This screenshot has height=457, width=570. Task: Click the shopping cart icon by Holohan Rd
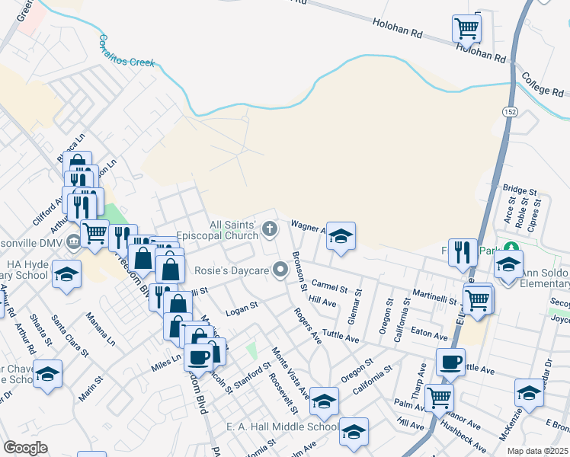click(466, 29)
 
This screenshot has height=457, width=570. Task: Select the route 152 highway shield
click(508, 111)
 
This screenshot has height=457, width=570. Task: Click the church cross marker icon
click(270, 228)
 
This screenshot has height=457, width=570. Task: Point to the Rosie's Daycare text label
click(237, 270)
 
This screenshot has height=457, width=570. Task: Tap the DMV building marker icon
click(72, 243)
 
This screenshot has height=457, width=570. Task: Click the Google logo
click(25, 448)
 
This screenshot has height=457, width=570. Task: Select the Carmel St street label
click(329, 286)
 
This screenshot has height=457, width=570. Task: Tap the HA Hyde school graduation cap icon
click(66, 274)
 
